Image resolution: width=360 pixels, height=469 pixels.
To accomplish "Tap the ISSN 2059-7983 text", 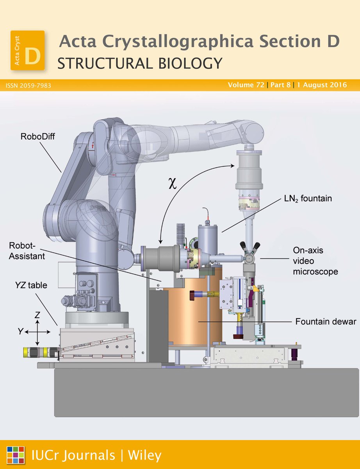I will coord(29,85).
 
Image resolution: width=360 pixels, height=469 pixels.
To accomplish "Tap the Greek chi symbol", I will coord(173,184).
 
